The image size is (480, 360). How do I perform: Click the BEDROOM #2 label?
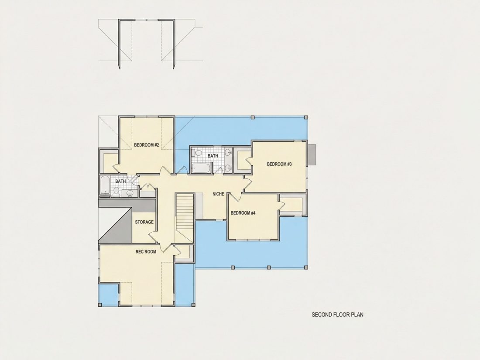146,145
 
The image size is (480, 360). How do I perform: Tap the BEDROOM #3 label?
279,164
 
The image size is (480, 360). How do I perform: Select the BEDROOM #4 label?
243,213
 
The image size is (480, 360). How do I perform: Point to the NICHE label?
218,194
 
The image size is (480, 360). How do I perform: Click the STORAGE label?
144,222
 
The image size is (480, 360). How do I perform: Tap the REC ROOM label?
146,252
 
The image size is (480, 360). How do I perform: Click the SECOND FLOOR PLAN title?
337,314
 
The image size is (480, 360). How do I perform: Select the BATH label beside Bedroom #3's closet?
213,156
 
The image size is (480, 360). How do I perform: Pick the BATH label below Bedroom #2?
120,181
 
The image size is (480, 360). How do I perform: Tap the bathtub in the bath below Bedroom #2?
105,185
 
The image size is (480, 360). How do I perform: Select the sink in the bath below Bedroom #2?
130,193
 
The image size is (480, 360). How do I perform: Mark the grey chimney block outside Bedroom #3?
312,154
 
